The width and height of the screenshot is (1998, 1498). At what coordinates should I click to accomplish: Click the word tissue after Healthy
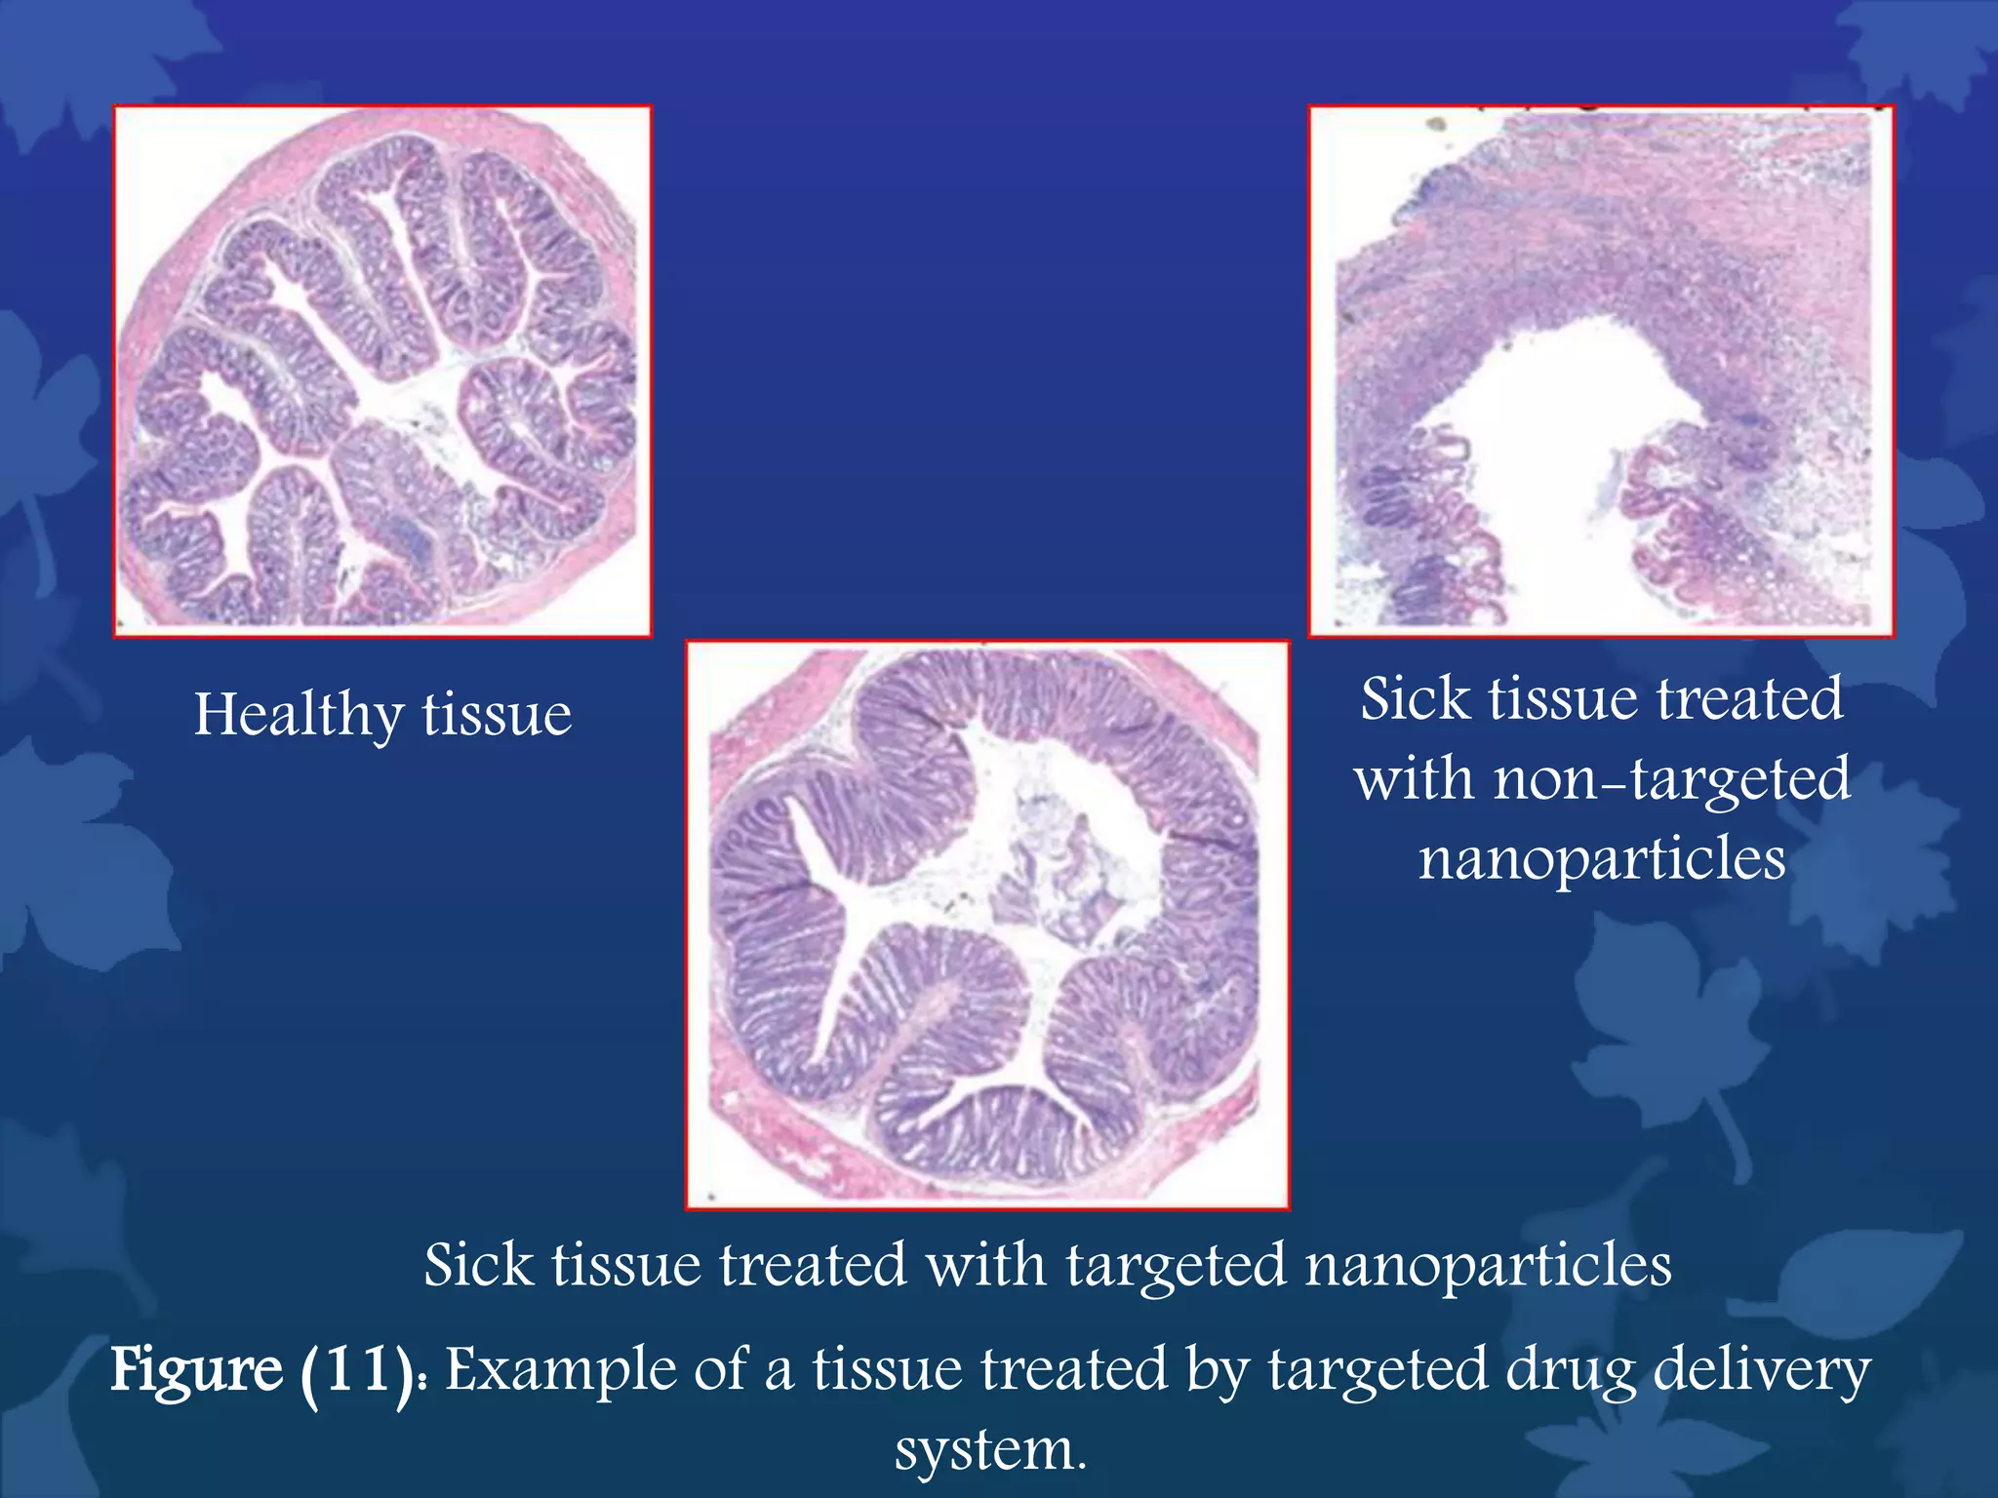(x=497, y=716)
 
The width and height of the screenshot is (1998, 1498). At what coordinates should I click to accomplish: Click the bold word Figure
(x=196, y=1370)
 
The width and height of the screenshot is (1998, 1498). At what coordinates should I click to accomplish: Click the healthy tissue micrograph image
(x=382, y=371)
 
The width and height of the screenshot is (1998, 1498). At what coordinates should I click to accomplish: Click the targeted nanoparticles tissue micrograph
(x=987, y=925)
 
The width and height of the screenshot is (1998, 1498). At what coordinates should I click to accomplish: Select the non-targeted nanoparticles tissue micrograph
(x=1601, y=371)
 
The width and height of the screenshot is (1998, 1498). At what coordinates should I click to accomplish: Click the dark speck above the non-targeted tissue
(x=1435, y=124)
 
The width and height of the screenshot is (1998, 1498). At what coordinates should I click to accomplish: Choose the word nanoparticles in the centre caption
(x=1488, y=1266)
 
